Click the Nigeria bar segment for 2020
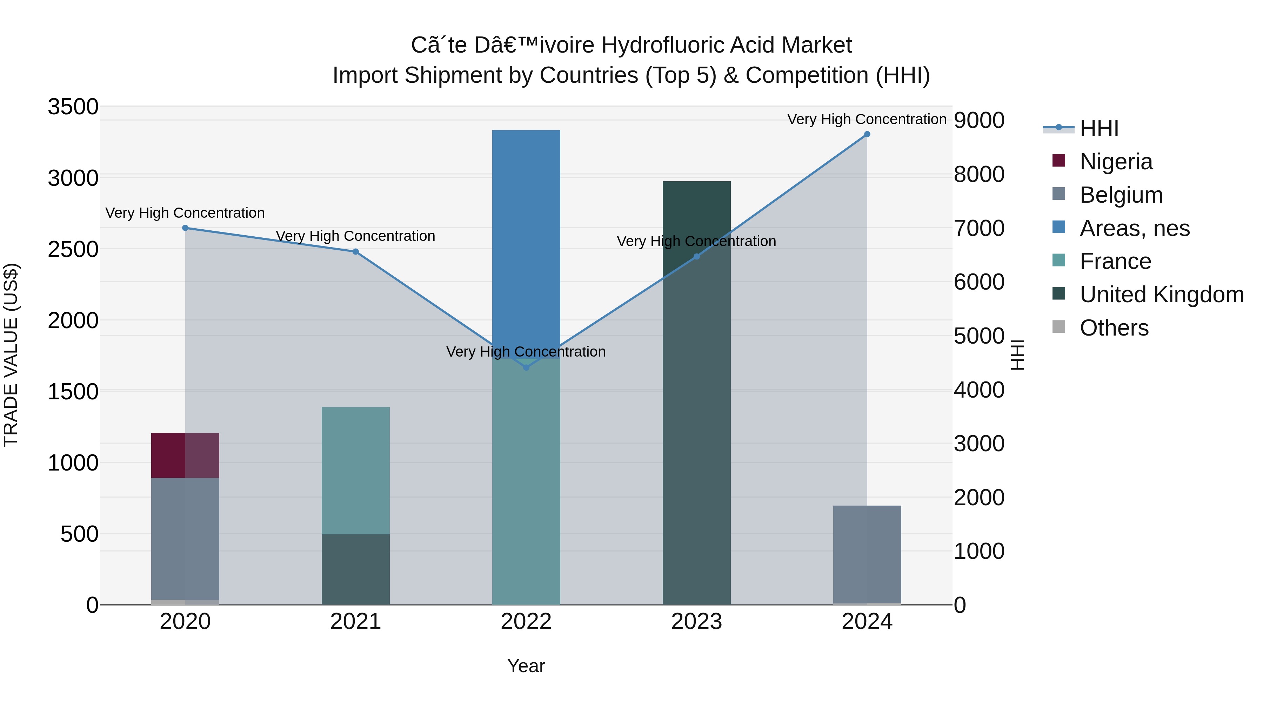(x=185, y=455)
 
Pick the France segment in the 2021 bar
(x=355, y=471)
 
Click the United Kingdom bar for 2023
(x=696, y=392)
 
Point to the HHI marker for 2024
(x=867, y=134)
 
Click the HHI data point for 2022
(x=526, y=367)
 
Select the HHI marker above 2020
(x=185, y=228)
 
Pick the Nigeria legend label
(x=1116, y=162)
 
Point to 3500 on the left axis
(x=73, y=107)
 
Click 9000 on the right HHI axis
(x=978, y=120)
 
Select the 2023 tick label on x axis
(x=696, y=622)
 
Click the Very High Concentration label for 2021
(x=355, y=236)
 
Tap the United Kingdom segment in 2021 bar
(x=355, y=569)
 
